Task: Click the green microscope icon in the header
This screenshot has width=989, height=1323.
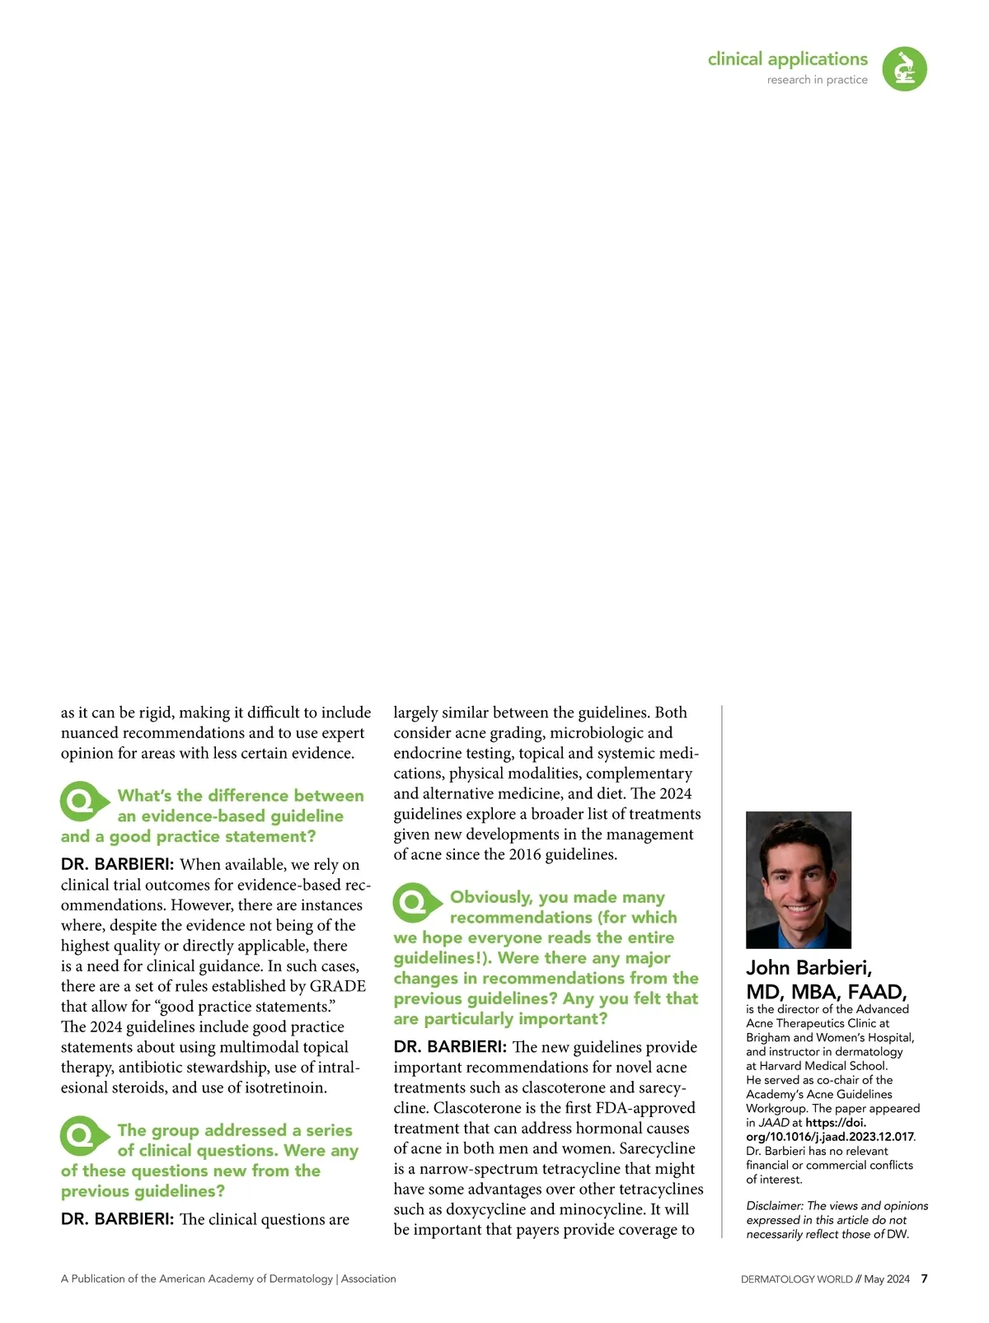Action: (x=904, y=68)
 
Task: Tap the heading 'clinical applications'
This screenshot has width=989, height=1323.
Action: (x=787, y=59)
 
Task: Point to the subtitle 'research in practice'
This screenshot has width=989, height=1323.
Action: (x=817, y=80)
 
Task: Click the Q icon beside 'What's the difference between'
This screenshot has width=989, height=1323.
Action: (x=82, y=801)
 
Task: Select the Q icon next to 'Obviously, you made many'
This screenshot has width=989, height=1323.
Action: (x=415, y=902)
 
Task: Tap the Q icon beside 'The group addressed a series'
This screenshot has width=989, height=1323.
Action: (x=82, y=1136)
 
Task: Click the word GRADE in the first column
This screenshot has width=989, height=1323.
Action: (x=337, y=986)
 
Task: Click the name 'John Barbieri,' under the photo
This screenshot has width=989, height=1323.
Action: (x=809, y=967)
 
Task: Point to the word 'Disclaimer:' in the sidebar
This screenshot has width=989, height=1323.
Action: (x=775, y=1206)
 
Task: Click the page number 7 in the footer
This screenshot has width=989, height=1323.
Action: (x=924, y=1279)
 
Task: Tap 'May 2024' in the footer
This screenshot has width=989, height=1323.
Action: (x=886, y=1279)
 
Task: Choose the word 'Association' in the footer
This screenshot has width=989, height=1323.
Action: (x=368, y=1279)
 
